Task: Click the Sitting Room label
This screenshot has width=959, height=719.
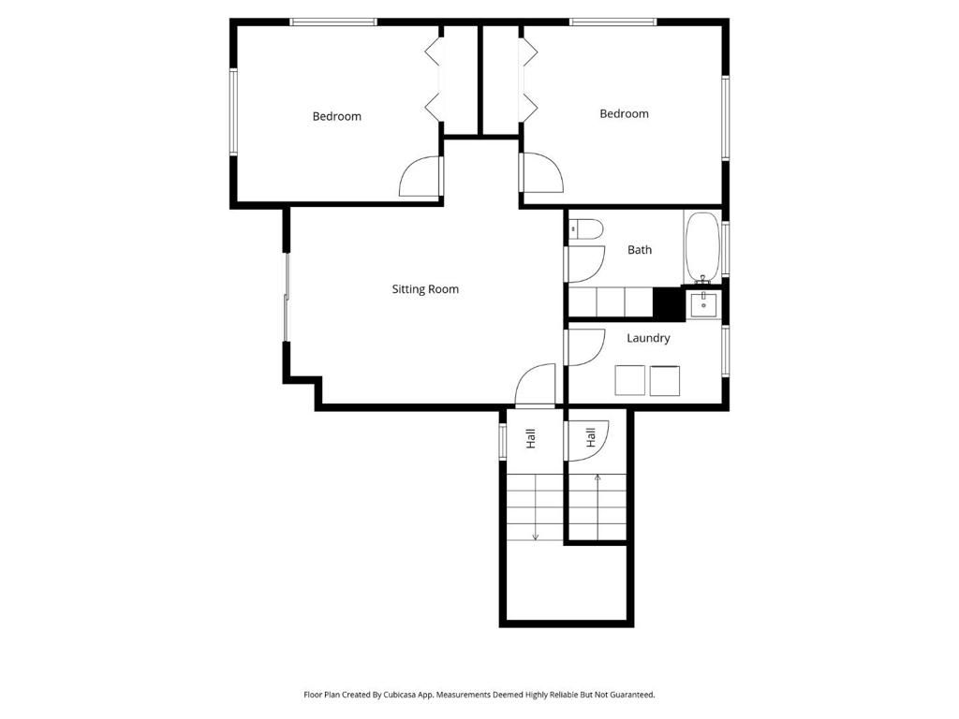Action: [425, 289]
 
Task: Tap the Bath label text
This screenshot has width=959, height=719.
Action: [640, 250]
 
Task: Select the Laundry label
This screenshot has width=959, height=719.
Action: [648, 338]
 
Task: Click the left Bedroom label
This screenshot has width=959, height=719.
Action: [336, 116]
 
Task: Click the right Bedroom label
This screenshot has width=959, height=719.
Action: [624, 113]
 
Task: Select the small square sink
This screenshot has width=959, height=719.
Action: [703, 304]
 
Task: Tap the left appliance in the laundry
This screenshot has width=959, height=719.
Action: [630, 380]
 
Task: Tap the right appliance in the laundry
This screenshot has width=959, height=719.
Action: [665, 380]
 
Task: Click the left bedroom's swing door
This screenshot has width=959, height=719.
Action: [420, 177]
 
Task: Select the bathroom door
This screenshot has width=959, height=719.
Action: [583, 263]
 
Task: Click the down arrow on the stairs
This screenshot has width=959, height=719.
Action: [535, 536]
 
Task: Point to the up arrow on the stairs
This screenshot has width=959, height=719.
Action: [598, 478]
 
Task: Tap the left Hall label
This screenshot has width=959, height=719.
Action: [530, 437]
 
